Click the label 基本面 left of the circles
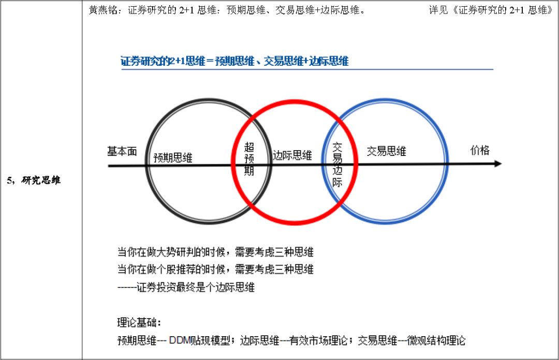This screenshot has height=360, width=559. pos(122,151)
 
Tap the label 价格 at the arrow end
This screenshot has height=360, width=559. pos(479,150)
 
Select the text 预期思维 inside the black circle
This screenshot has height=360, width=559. pos(173,158)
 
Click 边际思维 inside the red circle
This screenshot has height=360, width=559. pos(292,155)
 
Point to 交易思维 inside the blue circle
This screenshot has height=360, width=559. pos(386,151)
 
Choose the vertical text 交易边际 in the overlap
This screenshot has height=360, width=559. pos(337,164)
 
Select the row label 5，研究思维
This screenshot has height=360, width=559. pos(34,181)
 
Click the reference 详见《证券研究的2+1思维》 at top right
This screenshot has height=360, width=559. pos(491,10)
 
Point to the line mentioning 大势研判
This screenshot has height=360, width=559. pos(215,253)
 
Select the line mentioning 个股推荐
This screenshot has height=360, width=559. pos(215,269)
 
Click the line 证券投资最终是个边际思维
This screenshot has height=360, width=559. pos(186,287)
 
